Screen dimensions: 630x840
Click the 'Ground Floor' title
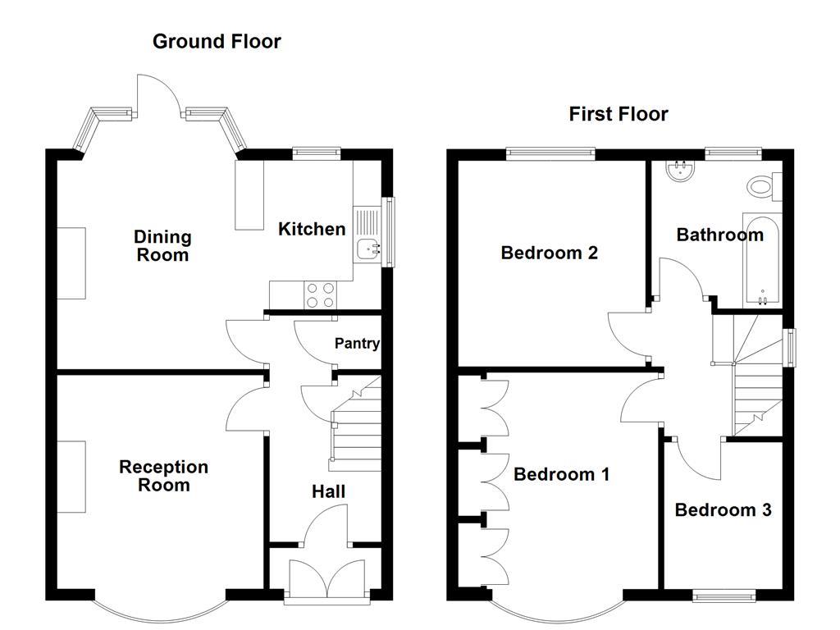(217, 42)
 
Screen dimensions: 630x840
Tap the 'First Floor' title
(619, 114)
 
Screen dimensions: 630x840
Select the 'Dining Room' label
(162, 246)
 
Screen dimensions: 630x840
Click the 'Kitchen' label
(312, 229)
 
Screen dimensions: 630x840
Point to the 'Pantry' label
(357, 344)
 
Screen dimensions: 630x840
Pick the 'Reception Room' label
(164, 476)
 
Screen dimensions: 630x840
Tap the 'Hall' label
(328, 492)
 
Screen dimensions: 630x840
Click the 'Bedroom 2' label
(549, 253)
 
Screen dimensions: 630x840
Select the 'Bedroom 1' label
(561, 474)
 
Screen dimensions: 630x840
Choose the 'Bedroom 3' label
(723, 510)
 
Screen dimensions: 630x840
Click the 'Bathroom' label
(719, 235)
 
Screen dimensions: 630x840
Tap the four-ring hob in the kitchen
(319, 294)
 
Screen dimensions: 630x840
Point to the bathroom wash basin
(680, 171)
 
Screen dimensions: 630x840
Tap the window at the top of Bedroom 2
(550, 152)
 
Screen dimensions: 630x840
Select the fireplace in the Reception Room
(71, 477)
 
